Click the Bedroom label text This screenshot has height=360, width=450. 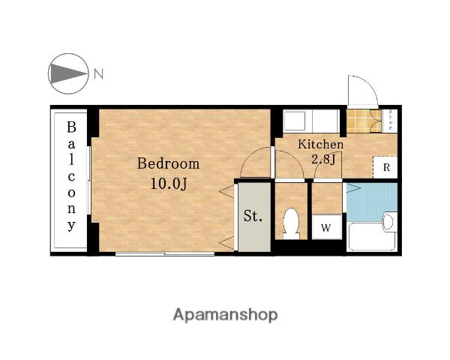[x=169, y=164]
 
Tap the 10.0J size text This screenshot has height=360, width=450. [x=169, y=184]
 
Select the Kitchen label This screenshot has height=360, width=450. [x=320, y=144]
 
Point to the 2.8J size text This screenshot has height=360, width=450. [x=323, y=159]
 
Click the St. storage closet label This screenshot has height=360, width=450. [x=253, y=216]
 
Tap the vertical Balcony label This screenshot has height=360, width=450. [x=71, y=176]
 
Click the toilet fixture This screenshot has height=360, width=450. [x=291, y=223]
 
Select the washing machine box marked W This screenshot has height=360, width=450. [x=326, y=226]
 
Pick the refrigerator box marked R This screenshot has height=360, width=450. [x=385, y=167]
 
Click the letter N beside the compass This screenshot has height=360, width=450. [x=98, y=73]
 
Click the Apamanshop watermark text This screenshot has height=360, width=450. [x=225, y=315]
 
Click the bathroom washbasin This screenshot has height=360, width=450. [x=389, y=222]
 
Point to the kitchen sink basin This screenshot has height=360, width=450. [x=294, y=121]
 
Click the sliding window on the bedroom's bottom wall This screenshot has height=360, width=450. [x=165, y=253]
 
